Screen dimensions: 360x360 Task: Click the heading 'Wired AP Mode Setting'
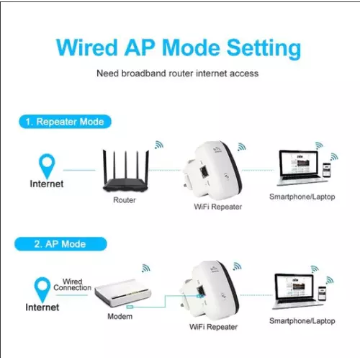click(179, 48)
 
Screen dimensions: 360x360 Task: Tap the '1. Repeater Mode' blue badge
click(65, 122)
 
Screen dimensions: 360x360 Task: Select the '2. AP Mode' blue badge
click(60, 244)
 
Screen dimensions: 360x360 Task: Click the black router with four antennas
click(126, 171)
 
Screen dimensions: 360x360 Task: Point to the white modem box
click(122, 293)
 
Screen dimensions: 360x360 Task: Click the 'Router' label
click(125, 200)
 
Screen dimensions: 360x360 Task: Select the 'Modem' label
click(120, 316)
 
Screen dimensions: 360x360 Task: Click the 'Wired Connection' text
click(72, 284)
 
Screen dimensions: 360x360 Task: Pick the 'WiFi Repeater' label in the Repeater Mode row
click(218, 207)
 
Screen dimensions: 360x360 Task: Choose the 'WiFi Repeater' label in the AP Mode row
click(213, 327)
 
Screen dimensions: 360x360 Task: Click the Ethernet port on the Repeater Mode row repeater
click(204, 171)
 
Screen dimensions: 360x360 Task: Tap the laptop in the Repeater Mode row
click(300, 168)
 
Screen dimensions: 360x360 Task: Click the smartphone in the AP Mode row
click(322, 293)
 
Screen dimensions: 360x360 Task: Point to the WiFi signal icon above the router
click(159, 145)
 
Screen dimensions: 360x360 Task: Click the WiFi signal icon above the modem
click(145, 268)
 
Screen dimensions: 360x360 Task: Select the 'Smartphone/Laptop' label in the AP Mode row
click(302, 321)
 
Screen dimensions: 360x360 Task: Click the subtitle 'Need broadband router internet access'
click(178, 73)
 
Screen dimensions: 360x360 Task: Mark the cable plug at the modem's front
click(130, 307)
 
